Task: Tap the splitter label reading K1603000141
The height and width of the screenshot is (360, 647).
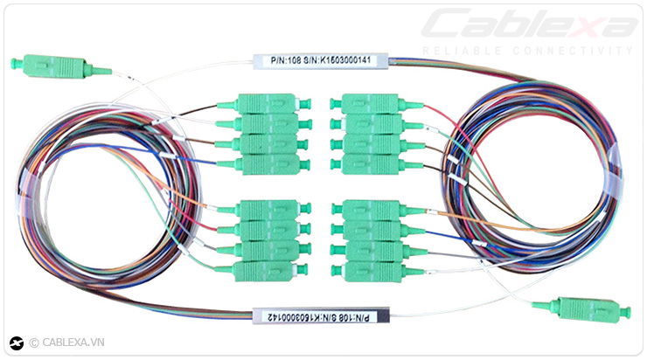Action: pyautogui.click(x=320, y=60)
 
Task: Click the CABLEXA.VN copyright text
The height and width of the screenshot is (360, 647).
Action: pyautogui.click(x=66, y=343)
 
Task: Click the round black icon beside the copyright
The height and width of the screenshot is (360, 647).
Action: pyautogui.click(x=16, y=343)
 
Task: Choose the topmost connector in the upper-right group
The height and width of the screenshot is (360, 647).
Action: pyautogui.click(x=371, y=104)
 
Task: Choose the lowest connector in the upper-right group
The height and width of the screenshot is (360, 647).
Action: pyautogui.click(x=371, y=164)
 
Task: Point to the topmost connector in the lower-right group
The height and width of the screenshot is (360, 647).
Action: pyautogui.click(x=371, y=211)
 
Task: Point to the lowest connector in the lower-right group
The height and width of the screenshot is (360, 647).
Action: pyautogui.click(x=371, y=271)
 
